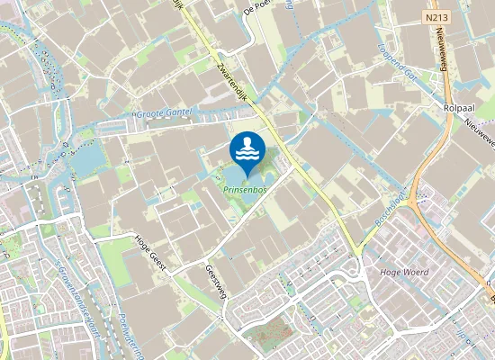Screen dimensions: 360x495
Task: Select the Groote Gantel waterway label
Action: (x=166, y=115)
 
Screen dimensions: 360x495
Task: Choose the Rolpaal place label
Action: (x=460, y=106)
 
